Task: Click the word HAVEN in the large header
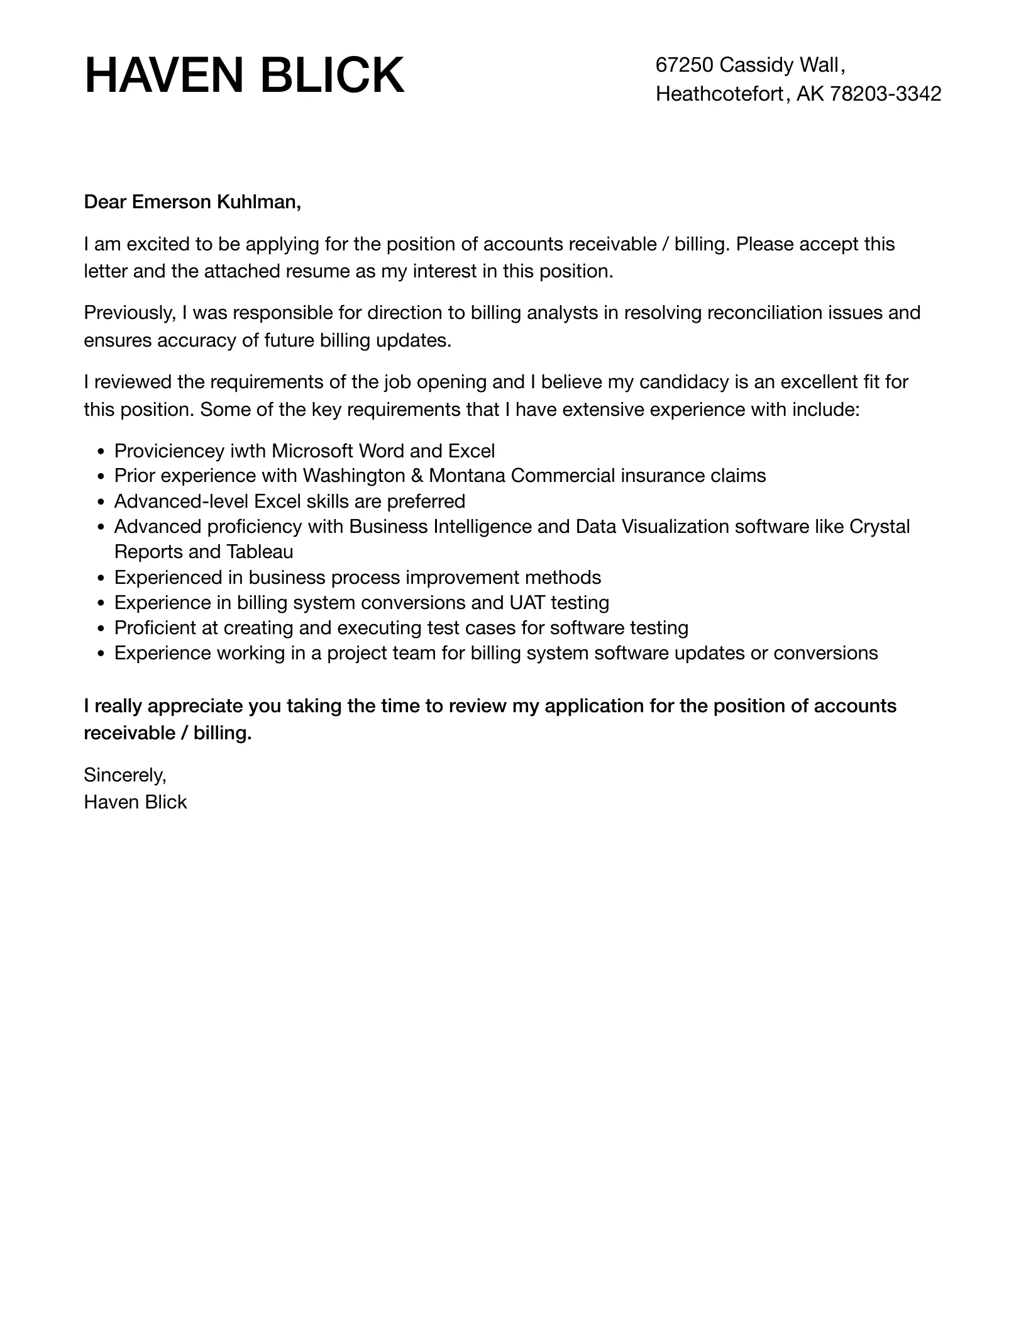[165, 76]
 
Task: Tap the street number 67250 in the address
[684, 65]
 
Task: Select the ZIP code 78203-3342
[885, 94]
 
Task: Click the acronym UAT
[524, 603]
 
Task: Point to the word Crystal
[879, 527]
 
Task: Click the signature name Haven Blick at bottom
[135, 802]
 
